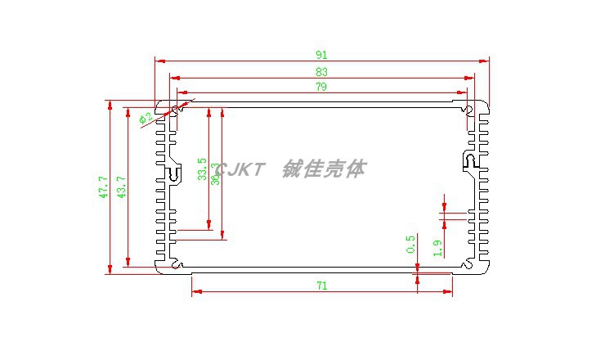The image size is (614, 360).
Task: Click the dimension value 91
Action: pyautogui.click(x=321, y=55)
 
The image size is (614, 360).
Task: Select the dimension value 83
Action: pyautogui.click(x=321, y=73)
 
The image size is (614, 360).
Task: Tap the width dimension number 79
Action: pyautogui.click(x=321, y=87)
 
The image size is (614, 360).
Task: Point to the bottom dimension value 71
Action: pyautogui.click(x=321, y=286)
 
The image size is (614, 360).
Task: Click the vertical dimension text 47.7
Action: pyautogui.click(x=103, y=187)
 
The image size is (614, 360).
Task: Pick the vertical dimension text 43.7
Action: pyautogui.click(x=121, y=187)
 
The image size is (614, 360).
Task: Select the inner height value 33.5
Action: pyautogui.click(x=201, y=169)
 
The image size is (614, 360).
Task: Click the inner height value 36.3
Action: pyautogui.click(x=215, y=174)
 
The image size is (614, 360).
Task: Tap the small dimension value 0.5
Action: pyautogui.click(x=410, y=244)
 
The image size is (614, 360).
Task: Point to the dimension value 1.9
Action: pyautogui.click(x=437, y=247)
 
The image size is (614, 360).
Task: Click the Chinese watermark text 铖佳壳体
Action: pyautogui.click(x=324, y=169)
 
